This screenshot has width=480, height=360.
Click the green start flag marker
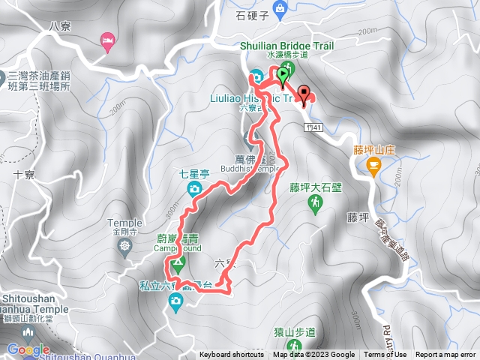point(283,74)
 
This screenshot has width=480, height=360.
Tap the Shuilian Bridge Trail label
point(286,45)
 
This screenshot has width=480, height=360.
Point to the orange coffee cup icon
point(373,166)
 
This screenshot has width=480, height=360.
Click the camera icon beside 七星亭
point(194,188)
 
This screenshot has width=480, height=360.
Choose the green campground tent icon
point(178,263)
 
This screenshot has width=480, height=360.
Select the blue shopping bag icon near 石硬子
point(280,9)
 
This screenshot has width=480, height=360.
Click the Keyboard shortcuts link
point(231,355)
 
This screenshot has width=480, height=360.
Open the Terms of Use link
point(385,355)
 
